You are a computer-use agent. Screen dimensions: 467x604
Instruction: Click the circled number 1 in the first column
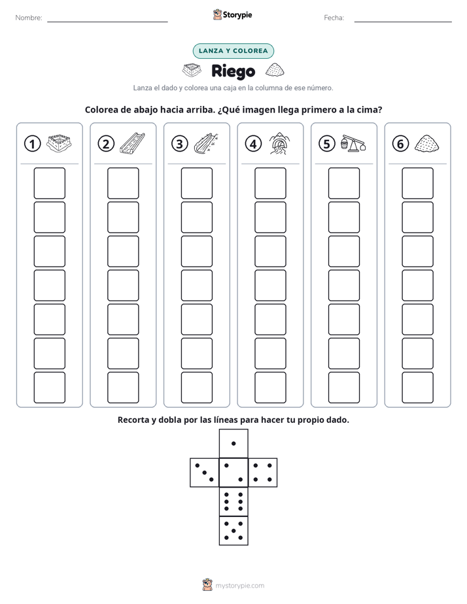click(x=32, y=144)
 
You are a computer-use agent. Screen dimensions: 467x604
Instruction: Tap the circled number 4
click(x=253, y=144)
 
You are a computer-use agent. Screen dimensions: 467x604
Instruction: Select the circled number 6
click(x=400, y=144)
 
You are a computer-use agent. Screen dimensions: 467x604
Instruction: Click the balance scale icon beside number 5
click(x=353, y=143)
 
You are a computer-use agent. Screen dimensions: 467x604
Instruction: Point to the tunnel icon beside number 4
click(x=279, y=143)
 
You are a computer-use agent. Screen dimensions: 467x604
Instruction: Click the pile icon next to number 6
click(x=427, y=143)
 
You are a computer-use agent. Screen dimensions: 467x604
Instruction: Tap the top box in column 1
click(x=49, y=183)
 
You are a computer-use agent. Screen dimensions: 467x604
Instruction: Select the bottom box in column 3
click(x=196, y=388)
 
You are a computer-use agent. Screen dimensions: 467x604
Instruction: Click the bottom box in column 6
click(x=418, y=388)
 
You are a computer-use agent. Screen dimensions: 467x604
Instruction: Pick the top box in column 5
click(x=344, y=183)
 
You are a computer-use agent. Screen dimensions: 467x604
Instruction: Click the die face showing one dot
click(x=233, y=444)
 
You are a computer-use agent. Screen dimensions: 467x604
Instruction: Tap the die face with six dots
click(x=233, y=501)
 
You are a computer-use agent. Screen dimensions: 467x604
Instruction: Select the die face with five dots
click(x=233, y=531)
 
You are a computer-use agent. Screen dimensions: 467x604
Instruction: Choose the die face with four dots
click(x=263, y=473)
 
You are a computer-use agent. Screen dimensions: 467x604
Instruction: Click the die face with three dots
click(x=205, y=473)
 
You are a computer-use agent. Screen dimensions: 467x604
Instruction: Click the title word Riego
click(x=233, y=71)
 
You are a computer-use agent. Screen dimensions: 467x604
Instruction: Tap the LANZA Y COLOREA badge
click(x=233, y=51)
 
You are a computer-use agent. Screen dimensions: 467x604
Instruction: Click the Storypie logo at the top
click(x=232, y=15)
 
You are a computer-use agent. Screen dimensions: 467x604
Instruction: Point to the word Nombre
click(x=29, y=18)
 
